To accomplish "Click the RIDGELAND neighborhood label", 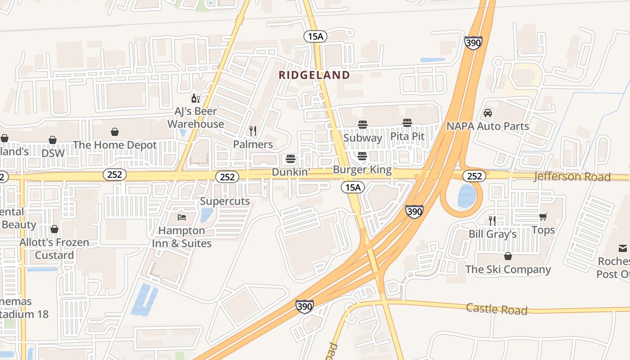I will coord(314,75).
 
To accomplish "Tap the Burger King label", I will coord(362,171).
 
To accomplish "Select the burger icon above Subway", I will coord(363,124).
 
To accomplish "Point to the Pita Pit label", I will coord(407,136).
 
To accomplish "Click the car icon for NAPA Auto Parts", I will coord(487,112).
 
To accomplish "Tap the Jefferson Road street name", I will coord(572,176).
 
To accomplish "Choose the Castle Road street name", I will coord(496,309).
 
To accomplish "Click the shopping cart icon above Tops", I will coord(543,216).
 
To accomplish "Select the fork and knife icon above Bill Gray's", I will coord(492,220).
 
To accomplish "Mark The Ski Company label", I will coord(508,270).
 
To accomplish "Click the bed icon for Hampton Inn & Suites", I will coord(182,217).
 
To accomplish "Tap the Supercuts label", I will coord(225,201).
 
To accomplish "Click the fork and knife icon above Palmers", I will coord(253,131).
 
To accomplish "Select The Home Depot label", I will coord(115,145).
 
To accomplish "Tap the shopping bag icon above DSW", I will coord(53,140).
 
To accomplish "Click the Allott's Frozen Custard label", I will coord(54,249).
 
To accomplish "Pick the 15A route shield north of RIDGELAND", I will coord(315,36).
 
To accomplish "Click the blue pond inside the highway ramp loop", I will coord(467,196).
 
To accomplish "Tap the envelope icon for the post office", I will coord(622,248).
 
